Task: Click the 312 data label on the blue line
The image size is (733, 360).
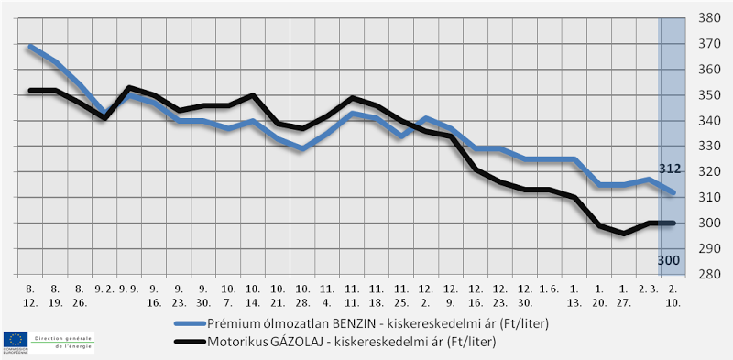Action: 669,169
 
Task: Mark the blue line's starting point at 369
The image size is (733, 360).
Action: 30,46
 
